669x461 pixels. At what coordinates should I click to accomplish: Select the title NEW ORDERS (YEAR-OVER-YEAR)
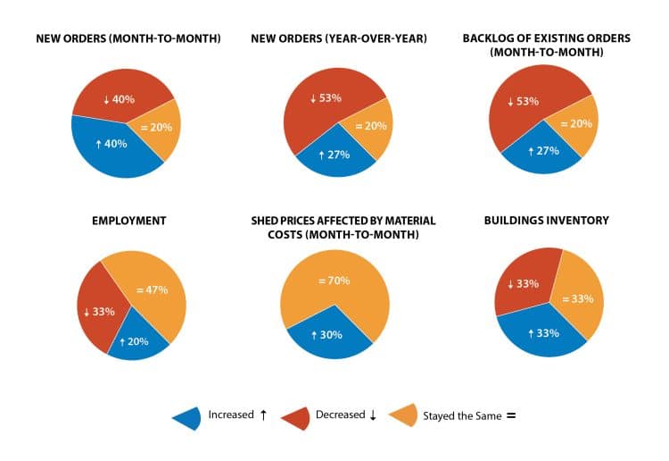click(x=336, y=38)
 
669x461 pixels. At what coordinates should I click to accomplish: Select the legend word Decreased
click(x=340, y=415)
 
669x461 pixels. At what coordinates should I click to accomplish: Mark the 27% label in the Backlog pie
click(x=542, y=152)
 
